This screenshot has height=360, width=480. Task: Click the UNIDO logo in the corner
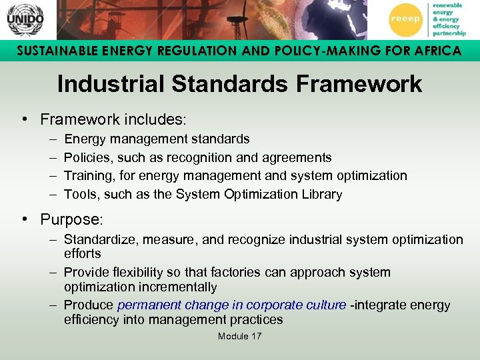pyautogui.click(x=25, y=19)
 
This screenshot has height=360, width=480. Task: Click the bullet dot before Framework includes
pyautogui.click(x=23, y=119)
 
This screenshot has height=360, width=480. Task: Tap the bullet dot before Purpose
pyautogui.click(x=23, y=219)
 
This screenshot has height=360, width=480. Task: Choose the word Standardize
pyautogui.click(x=99, y=239)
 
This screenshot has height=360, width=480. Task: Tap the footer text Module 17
pyautogui.click(x=239, y=336)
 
